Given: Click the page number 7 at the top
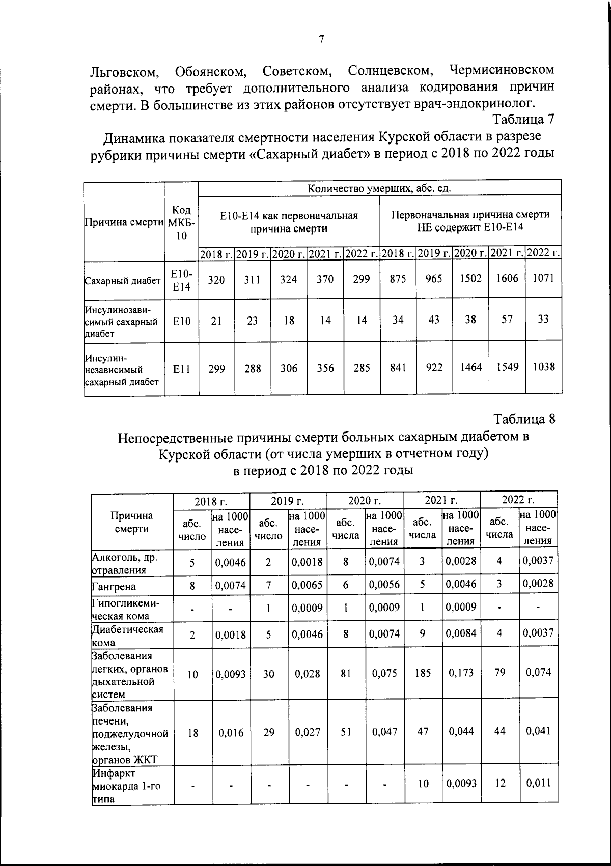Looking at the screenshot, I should click(x=321, y=39).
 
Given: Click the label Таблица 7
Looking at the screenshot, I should click(x=522, y=120).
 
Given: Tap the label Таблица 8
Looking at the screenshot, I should click(x=524, y=419).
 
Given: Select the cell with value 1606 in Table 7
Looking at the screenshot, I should click(x=507, y=278).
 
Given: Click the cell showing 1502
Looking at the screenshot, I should click(x=470, y=278).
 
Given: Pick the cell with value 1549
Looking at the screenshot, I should click(x=507, y=367).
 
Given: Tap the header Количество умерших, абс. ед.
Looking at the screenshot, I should click(x=379, y=188).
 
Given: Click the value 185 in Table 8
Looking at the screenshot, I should click(x=423, y=673).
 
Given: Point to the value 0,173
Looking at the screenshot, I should click(x=461, y=673).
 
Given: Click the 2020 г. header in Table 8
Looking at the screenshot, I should click(x=365, y=501).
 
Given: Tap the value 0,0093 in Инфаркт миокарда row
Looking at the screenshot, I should click(x=461, y=784).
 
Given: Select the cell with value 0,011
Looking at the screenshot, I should click(x=538, y=783).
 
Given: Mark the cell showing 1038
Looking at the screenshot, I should click(x=543, y=367).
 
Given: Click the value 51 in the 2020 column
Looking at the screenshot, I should click(x=346, y=732).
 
